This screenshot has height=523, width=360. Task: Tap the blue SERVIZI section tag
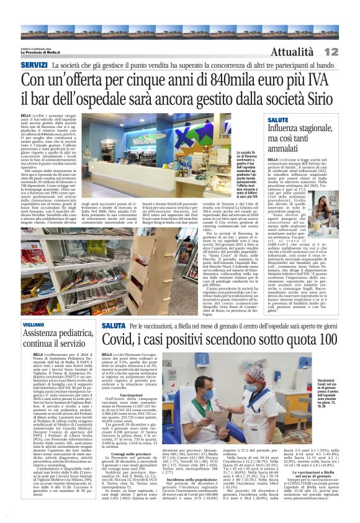click(34, 65)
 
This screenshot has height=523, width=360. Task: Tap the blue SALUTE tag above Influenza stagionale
click(277, 119)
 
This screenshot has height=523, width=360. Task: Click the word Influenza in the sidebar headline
click(285, 128)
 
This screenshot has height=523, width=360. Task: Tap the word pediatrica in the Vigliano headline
click(71, 334)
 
